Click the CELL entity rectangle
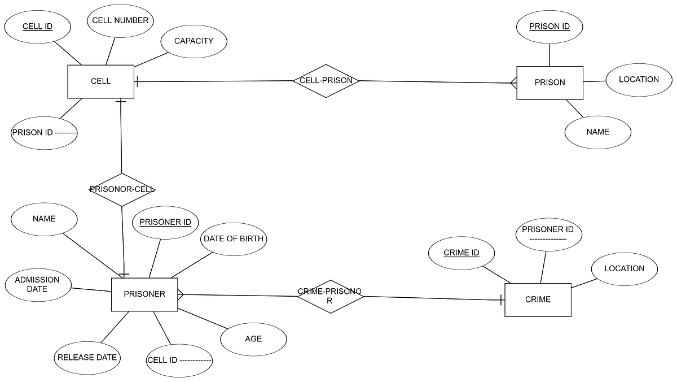click(x=101, y=81)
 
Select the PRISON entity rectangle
click(x=549, y=83)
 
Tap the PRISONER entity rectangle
click(x=144, y=294)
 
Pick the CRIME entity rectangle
click(x=538, y=299)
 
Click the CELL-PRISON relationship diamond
click(x=326, y=81)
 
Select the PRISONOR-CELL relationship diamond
click(x=122, y=189)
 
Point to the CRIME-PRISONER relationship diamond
click(x=330, y=297)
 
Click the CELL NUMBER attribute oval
click(x=120, y=21)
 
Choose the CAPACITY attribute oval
click(x=194, y=41)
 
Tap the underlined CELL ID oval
click(x=37, y=27)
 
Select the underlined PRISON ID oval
click(x=549, y=27)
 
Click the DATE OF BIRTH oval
click(x=233, y=239)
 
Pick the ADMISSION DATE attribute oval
click(x=38, y=284)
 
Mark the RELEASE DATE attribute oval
click(x=87, y=358)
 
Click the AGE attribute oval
click(x=253, y=339)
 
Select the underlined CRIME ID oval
click(x=461, y=253)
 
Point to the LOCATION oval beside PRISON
click(x=639, y=80)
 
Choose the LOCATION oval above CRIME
click(x=624, y=269)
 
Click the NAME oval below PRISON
click(x=598, y=132)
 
